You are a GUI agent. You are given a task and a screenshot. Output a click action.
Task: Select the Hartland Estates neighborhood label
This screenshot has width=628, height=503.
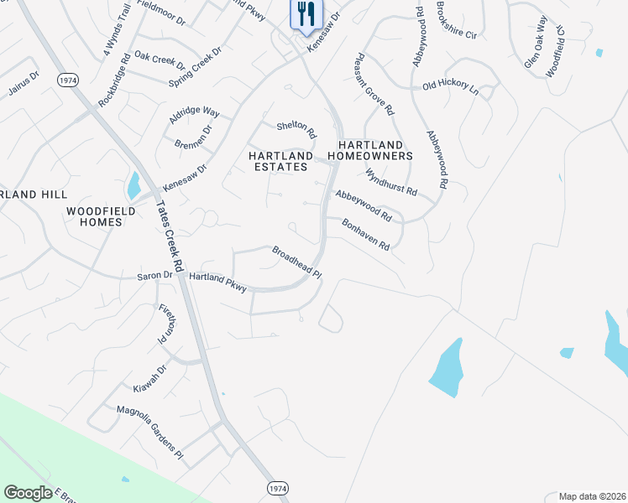pyautogui.click(x=280, y=161)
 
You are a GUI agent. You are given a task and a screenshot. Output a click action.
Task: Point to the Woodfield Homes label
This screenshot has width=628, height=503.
pyautogui.click(x=95, y=216)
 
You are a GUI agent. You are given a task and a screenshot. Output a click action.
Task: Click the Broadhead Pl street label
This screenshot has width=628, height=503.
pyautogui.click(x=296, y=262)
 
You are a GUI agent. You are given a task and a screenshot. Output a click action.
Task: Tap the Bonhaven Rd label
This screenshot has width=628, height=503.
pyautogui.click(x=366, y=235)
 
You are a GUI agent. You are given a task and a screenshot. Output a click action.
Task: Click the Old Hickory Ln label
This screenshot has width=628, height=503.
pyautogui.click(x=450, y=86)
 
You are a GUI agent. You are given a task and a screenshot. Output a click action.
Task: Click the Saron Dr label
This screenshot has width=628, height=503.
pyautogui.click(x=154, y=275)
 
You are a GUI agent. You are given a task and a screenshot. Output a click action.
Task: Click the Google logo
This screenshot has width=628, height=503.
pyautogui.click(x=28, y=493)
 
